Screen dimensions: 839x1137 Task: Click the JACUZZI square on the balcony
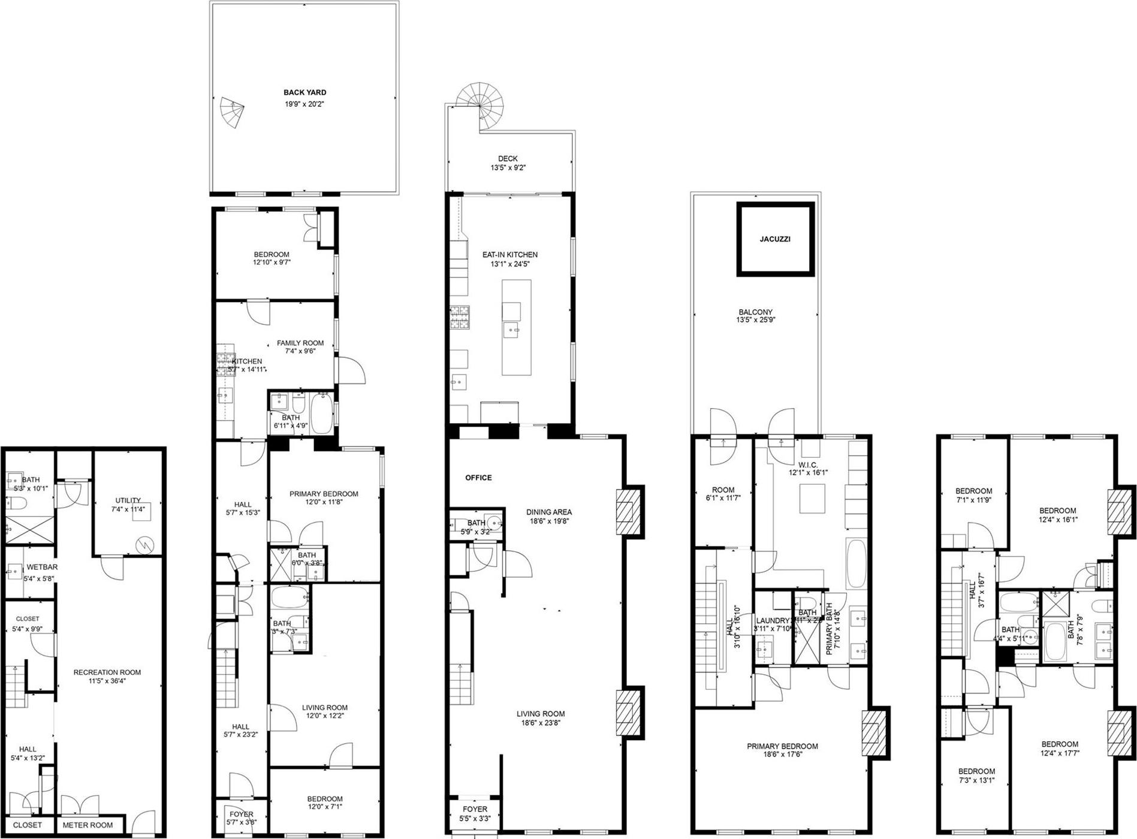point(775,239)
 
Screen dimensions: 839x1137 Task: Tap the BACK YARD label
point(304,93)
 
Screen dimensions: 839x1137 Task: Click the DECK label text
point(508,159)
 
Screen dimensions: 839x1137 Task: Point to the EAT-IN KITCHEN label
point(509,255)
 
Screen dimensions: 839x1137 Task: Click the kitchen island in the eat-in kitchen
point(516,327)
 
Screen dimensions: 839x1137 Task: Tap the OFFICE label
point(478,478)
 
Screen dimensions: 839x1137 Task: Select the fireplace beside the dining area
point(629,510)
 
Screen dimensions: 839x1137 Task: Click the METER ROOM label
point(88,825)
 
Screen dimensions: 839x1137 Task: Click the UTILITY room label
point(128,500)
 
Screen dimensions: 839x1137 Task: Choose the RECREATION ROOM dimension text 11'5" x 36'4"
point(107,681)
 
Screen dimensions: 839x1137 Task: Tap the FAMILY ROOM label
point(300,343)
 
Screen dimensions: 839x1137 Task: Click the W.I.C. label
point(808,464)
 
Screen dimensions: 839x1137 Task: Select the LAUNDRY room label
point(773,621)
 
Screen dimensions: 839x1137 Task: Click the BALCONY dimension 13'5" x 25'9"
point(755,321)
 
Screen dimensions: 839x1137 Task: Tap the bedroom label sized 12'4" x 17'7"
point(1059,744)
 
